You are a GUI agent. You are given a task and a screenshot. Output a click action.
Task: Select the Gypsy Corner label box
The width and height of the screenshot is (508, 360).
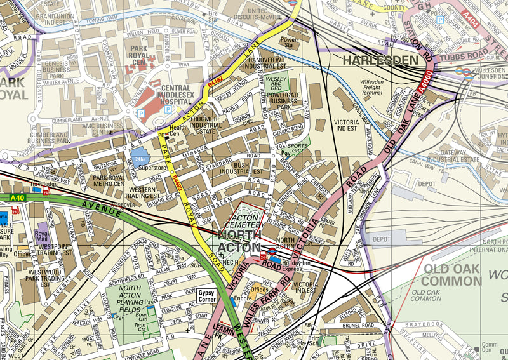pos(206,295)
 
